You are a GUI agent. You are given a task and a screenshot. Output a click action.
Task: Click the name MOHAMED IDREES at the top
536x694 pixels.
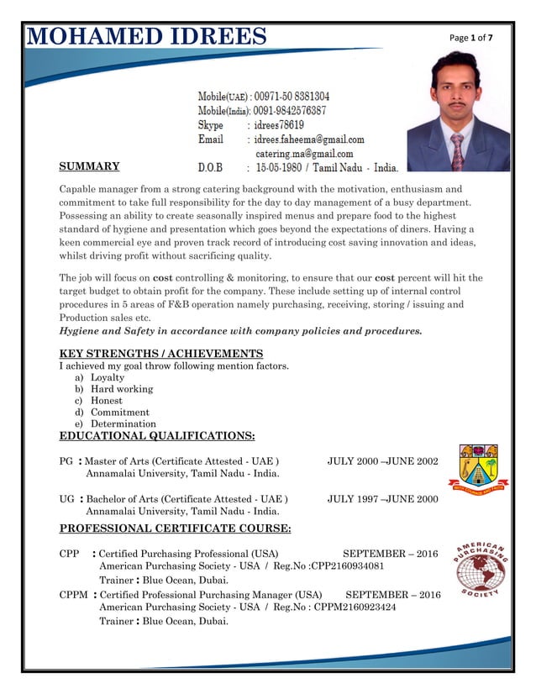click(x=147, y=37)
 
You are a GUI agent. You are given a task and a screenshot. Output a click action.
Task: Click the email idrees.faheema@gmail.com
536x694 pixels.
click(x=309, y=139)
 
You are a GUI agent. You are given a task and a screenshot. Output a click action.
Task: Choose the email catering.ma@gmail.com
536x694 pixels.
click(x=304, y=154)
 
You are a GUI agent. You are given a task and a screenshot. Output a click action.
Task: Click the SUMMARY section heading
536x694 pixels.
click(x=89, y=166)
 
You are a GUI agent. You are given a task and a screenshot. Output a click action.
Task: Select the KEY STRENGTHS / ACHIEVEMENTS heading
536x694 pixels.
click(x=160, y=354)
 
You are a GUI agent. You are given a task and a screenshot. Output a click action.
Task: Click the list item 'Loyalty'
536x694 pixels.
click(x=108, y=378)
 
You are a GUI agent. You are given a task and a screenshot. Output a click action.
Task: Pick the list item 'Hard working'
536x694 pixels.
click(x=122, y=390)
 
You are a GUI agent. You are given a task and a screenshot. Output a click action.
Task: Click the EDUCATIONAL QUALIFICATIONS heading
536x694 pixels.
click(x=157, y=436)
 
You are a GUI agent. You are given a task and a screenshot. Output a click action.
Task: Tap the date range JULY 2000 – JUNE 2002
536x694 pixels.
click(x=382, y=462)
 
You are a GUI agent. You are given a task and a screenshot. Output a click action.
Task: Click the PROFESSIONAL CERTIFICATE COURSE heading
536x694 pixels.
click(x=175, y=528)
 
